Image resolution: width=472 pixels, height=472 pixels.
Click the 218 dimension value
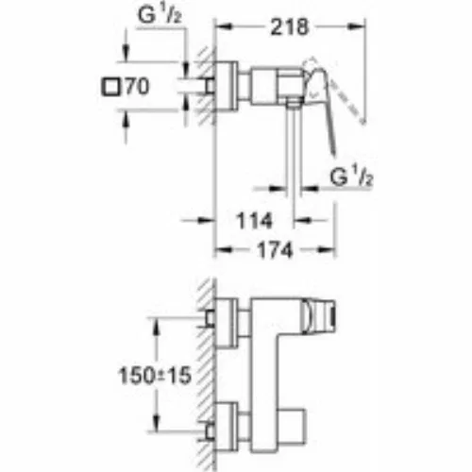pyautogui.click(x=290, y=27)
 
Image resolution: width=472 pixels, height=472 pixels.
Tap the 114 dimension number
pyautogui.click(x=254, y=221)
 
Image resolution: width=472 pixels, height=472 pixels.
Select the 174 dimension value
pyautogui.click(x=276, y=250)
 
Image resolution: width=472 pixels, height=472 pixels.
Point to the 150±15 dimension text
pyautogui.click(x=155, y=375)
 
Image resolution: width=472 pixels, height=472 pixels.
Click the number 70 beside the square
pyautogui.click(x=137, y=86)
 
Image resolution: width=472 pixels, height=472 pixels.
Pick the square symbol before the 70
pyautogui.click(x=110, y=87)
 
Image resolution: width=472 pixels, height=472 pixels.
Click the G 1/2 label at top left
pyautogui.click(x=160, y=15)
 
